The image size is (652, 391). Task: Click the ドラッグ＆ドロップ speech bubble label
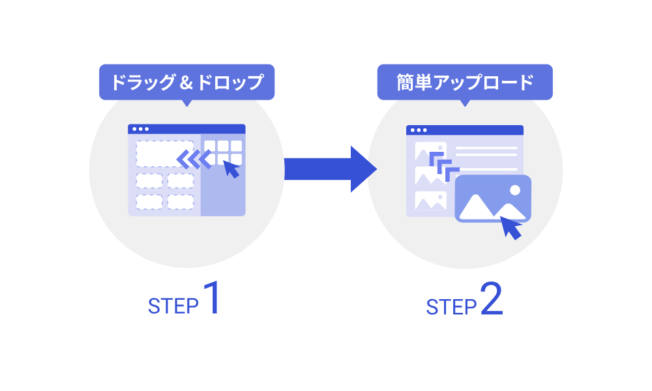click(x=186, y=83)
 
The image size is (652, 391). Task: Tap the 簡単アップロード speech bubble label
click(x=465, y=82)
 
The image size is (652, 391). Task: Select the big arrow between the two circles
click(x=329, y=169)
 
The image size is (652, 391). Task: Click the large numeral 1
click(x=211, y=298)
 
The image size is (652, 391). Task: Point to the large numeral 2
click(x=492, y=298)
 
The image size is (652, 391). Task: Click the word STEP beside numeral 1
click(x=173, y=306)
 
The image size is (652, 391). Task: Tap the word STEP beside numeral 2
click(x=451, y=306)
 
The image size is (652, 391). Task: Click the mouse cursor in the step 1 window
click(x=231, y=169)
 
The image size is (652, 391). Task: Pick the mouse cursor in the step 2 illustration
click(x=511, y=227)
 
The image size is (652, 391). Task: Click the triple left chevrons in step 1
click(x=194, y=158)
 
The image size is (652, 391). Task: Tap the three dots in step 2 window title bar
click(x=419, y=130)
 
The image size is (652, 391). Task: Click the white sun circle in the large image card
click(x=515, y=190)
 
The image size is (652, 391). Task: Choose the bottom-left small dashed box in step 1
click(x=149, y=202)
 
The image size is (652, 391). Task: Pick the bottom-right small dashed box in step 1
click(x=181, y=202)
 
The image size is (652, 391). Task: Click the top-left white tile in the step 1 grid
click(x=210, y=146)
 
